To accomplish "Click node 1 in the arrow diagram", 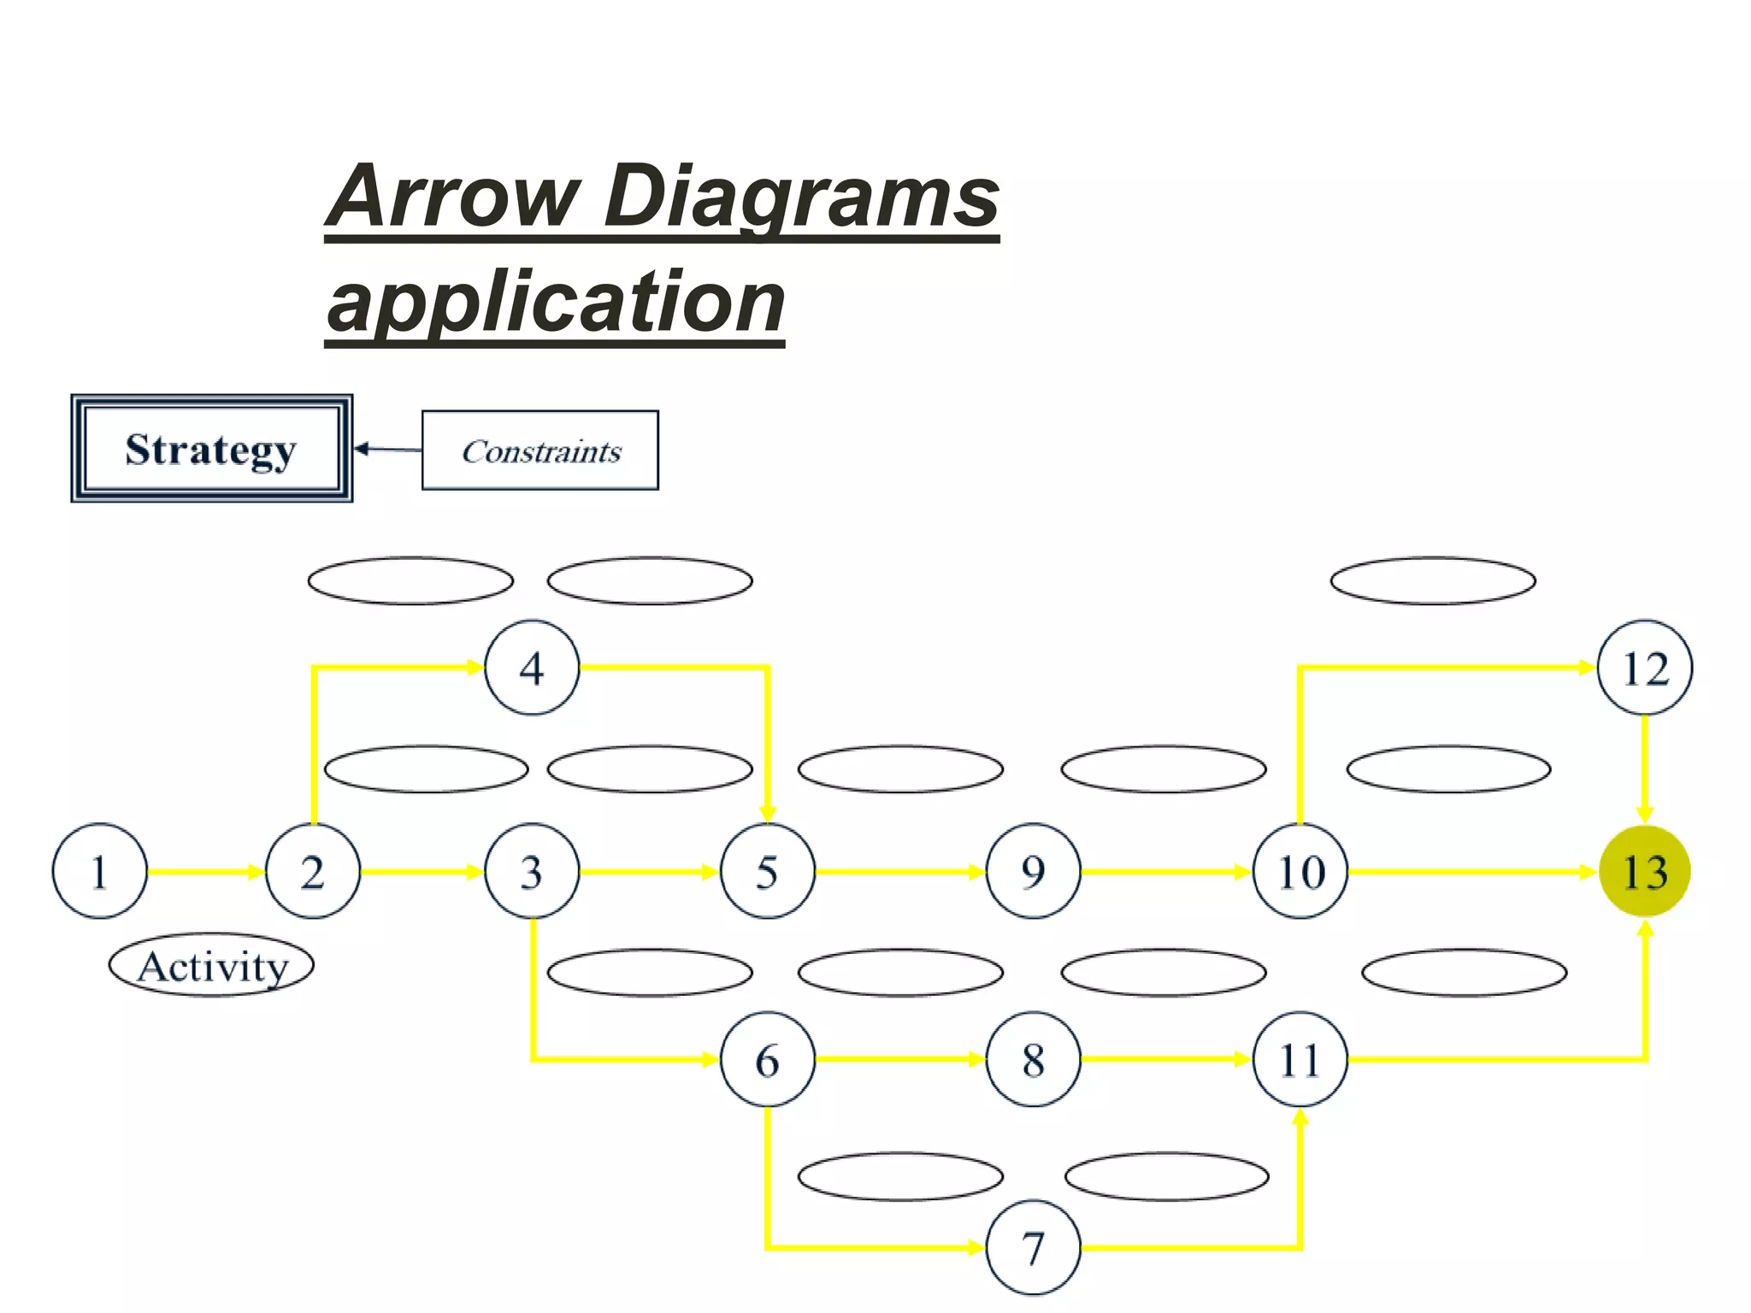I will (99, 871).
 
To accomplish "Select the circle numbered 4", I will (532, 668).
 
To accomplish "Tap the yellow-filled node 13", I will (1644, 871).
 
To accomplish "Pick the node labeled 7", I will (1033, 1247).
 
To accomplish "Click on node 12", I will (1644, 668).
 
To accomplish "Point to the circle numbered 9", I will (1033, 871).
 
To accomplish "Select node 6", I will (767, 1059).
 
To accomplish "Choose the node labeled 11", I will (1300, 1059).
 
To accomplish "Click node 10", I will (1300, 871).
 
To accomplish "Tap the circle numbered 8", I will (1033, 1059).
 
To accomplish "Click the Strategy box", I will (211, 449).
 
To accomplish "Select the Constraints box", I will (540, 450).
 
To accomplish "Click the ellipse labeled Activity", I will (211, 965).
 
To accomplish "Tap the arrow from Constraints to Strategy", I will (387, 449).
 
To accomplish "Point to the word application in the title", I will (556, 302).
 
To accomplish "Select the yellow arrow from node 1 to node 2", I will (205, 871).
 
